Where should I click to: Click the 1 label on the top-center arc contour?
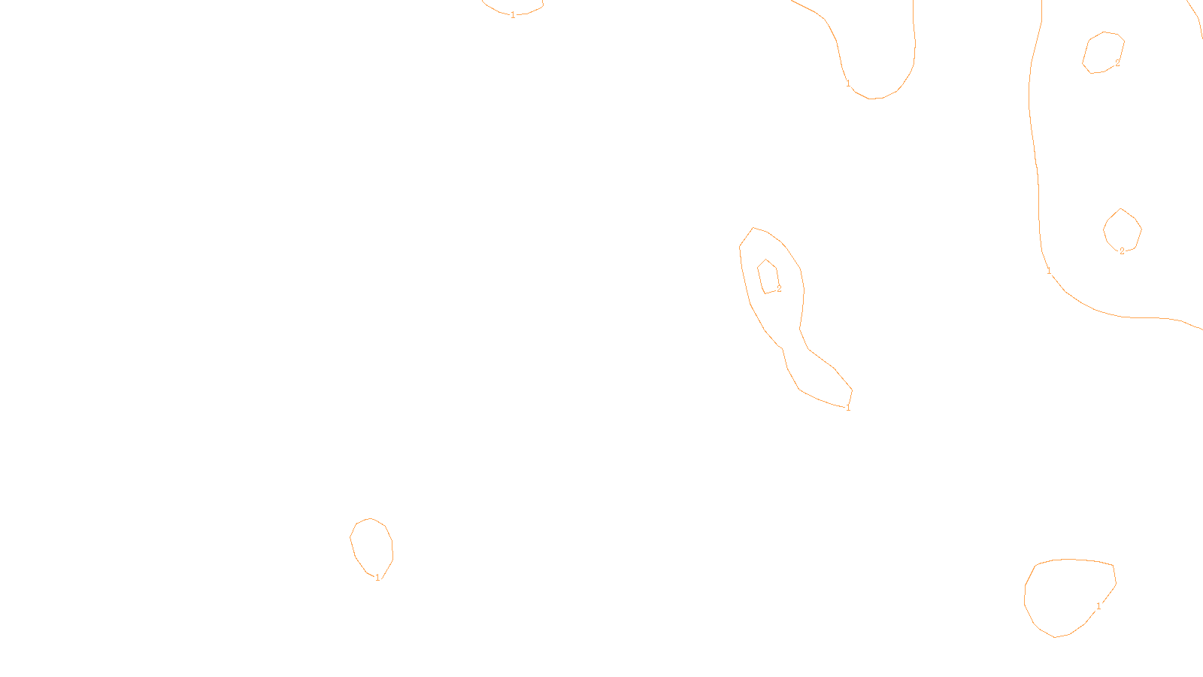pyautogui.click(x=513, y=15)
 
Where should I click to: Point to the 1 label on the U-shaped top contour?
pyautogui.click(x=848, y=83)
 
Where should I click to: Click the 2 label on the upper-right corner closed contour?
pyautogui.click(x=1117, y=63)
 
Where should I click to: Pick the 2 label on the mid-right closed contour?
pyautogui.click(x=1122, y=251)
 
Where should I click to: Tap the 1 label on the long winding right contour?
pyautogui.click(x=1049, y=271)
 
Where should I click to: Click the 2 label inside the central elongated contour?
pyautogui.click(x=779, y=289)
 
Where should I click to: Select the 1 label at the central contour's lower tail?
pyautogui.click(x=848, y=408)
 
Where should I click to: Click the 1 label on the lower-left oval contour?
pyautogui.click(x=377, y=578)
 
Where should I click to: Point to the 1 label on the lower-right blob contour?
pyautogui.click(x=1098, y=606)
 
